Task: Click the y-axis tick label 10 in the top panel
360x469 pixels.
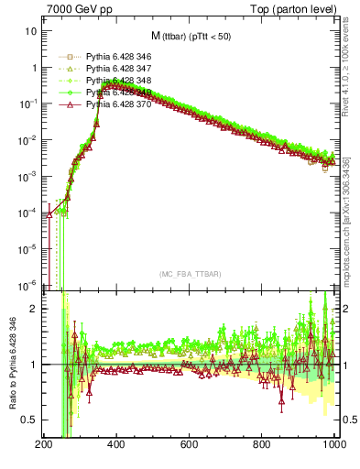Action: pyautogui.click(x=30, y=30)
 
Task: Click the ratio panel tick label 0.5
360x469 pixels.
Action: pyautogui.click(x=28, y=420)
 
